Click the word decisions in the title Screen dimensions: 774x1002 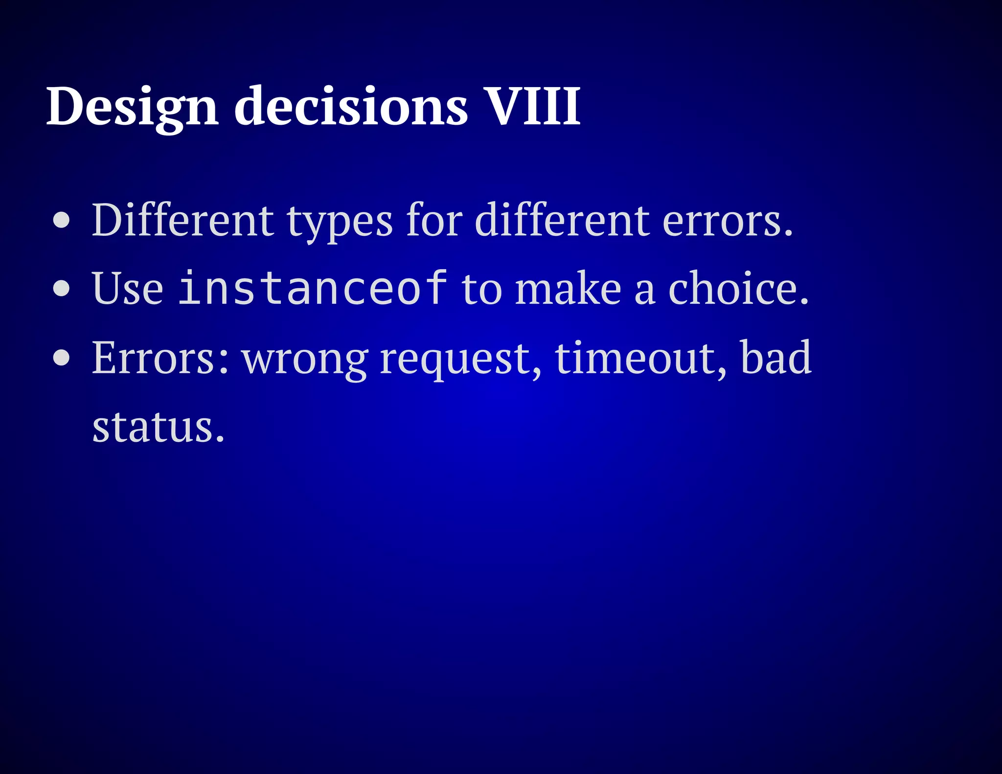pos(351,106)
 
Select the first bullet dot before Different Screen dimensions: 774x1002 pos(62,220)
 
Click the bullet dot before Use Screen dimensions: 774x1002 pos(62,289)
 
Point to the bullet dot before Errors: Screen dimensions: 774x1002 pos(62,358)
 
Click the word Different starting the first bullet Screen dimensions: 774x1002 pos(182,220)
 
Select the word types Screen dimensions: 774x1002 pos(339,223)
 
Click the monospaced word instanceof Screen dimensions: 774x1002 pos(313,288)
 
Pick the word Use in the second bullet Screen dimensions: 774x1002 pos(127,289)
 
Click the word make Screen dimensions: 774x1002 pos(568,289)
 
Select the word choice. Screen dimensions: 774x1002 pos(738,289)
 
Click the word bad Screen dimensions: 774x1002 pos(776,357)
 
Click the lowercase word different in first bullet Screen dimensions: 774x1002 pos(562,220)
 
